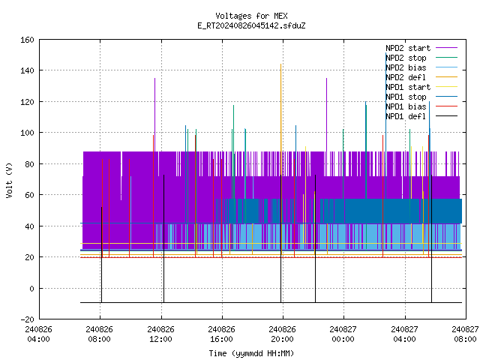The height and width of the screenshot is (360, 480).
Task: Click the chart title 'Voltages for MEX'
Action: pos(251,16)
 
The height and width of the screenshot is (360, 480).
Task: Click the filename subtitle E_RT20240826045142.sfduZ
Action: pos(251,25)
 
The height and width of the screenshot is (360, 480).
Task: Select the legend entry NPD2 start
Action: pos(421,48)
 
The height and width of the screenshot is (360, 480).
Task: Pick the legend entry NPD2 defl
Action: pos(421,77)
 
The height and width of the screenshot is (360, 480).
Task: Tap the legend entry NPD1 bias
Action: pos(421,106)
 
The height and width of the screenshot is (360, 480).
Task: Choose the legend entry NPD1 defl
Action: pos(421,116)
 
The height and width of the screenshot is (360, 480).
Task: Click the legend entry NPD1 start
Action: pos(421,87)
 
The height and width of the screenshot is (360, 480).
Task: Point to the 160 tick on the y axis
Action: pos(27,40)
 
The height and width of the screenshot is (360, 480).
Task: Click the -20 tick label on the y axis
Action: pos(27,319)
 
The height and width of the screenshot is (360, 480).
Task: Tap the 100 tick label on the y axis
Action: pos(27,133)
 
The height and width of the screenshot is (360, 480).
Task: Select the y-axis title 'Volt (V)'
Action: pos(9,180)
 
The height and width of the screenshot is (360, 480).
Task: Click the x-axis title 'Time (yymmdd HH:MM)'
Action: pos(251,353)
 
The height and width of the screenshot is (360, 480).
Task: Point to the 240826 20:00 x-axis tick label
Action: pos(282,334)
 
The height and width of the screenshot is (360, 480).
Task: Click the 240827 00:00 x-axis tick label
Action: pos(343,334)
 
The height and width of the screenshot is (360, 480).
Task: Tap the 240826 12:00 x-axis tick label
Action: pos(160,334)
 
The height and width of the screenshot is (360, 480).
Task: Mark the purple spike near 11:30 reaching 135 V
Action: pos(155,115)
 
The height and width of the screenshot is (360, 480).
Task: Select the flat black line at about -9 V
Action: pos(271,303)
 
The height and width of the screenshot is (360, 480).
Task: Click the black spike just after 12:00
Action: pos(163,238)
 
